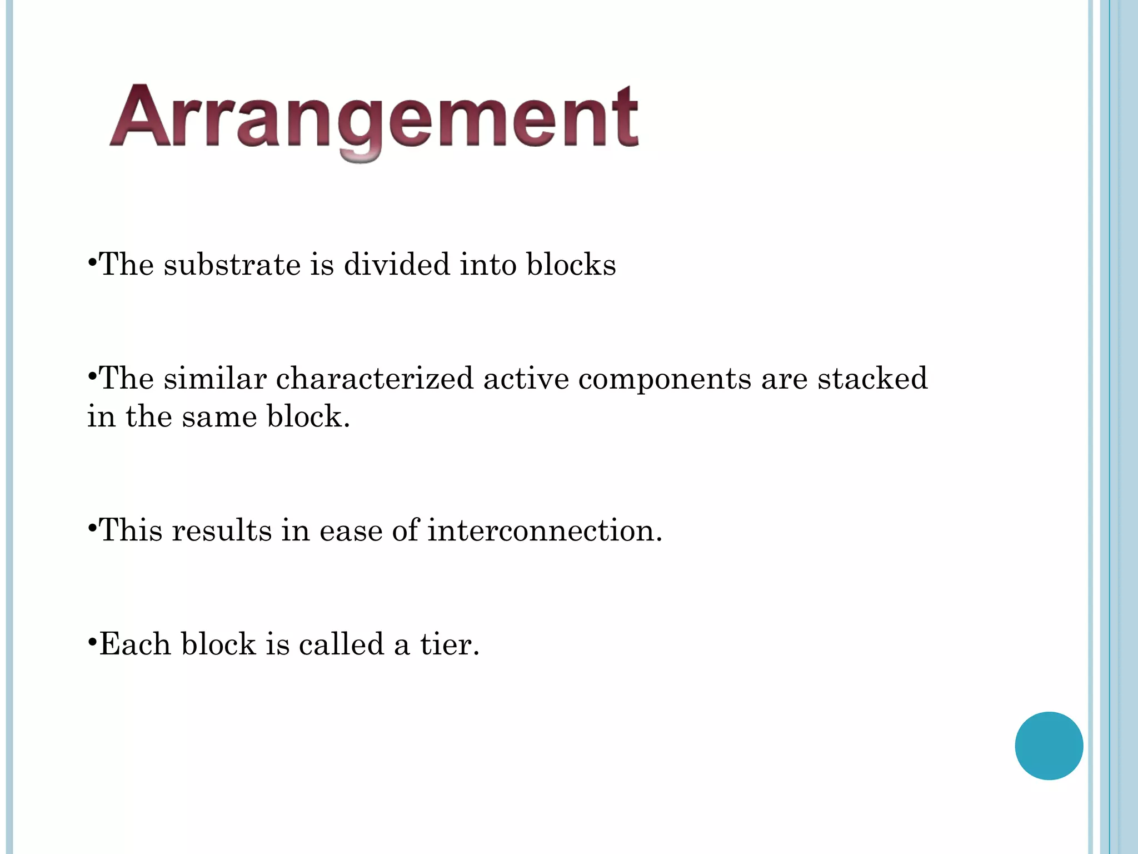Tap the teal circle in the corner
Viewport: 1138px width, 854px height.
tap(1049, 746)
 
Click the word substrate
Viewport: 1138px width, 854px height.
tap(232, 264)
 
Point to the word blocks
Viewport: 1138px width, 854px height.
tap(571, 264)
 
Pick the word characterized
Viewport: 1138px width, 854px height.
tap(375, 379)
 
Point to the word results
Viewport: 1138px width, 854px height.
tap(222, 530)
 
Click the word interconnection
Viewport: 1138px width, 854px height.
tap(545, 530)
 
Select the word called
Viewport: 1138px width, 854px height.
tap(341, 644)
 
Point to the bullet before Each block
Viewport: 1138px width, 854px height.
tap(92, 640)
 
